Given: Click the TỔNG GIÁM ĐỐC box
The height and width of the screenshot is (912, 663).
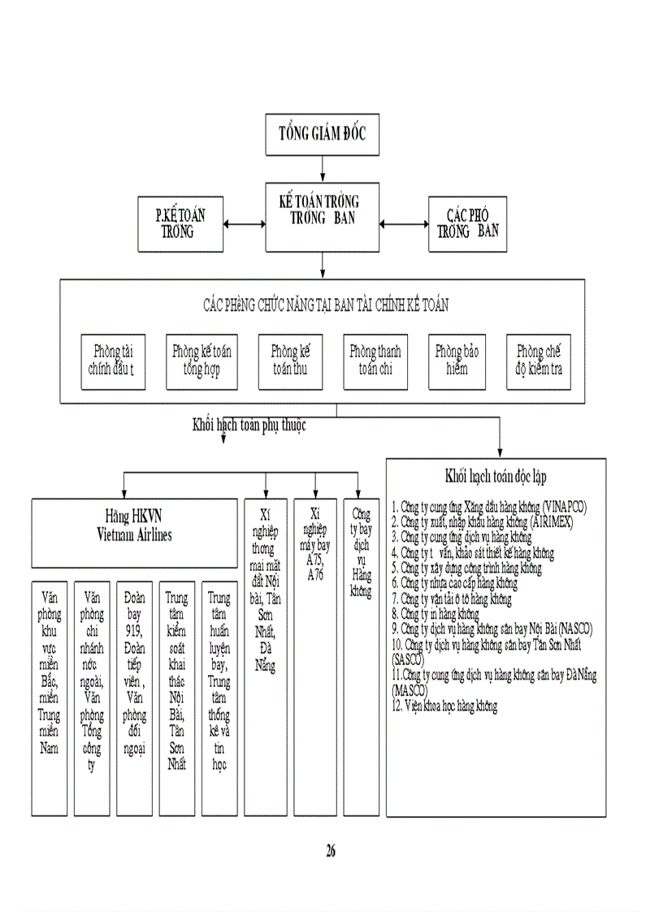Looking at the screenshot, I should (323, 134).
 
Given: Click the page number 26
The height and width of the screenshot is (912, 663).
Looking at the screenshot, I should (331, 851).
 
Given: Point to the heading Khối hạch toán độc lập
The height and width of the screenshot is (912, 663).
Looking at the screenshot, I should (495, 476).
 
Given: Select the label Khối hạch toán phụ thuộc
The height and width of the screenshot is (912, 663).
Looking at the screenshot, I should (249, 424).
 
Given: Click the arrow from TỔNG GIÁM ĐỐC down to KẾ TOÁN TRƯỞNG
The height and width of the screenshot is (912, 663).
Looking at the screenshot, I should (323, 168).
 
